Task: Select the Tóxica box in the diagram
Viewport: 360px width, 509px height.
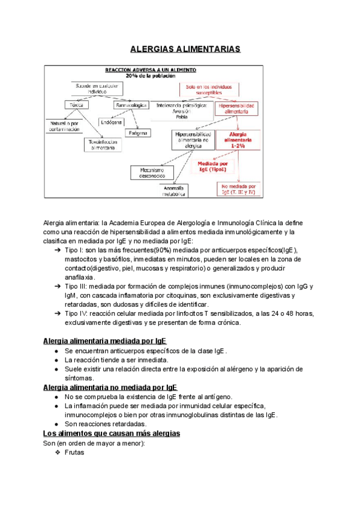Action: (76, 106)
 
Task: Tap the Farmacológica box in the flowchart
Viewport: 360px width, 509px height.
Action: (130, 106)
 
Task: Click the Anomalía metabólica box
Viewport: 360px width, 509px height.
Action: (175, 190)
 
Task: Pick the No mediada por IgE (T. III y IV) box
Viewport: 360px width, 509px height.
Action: (240, 189)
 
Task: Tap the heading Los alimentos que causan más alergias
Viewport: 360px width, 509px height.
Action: (112, 433)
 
